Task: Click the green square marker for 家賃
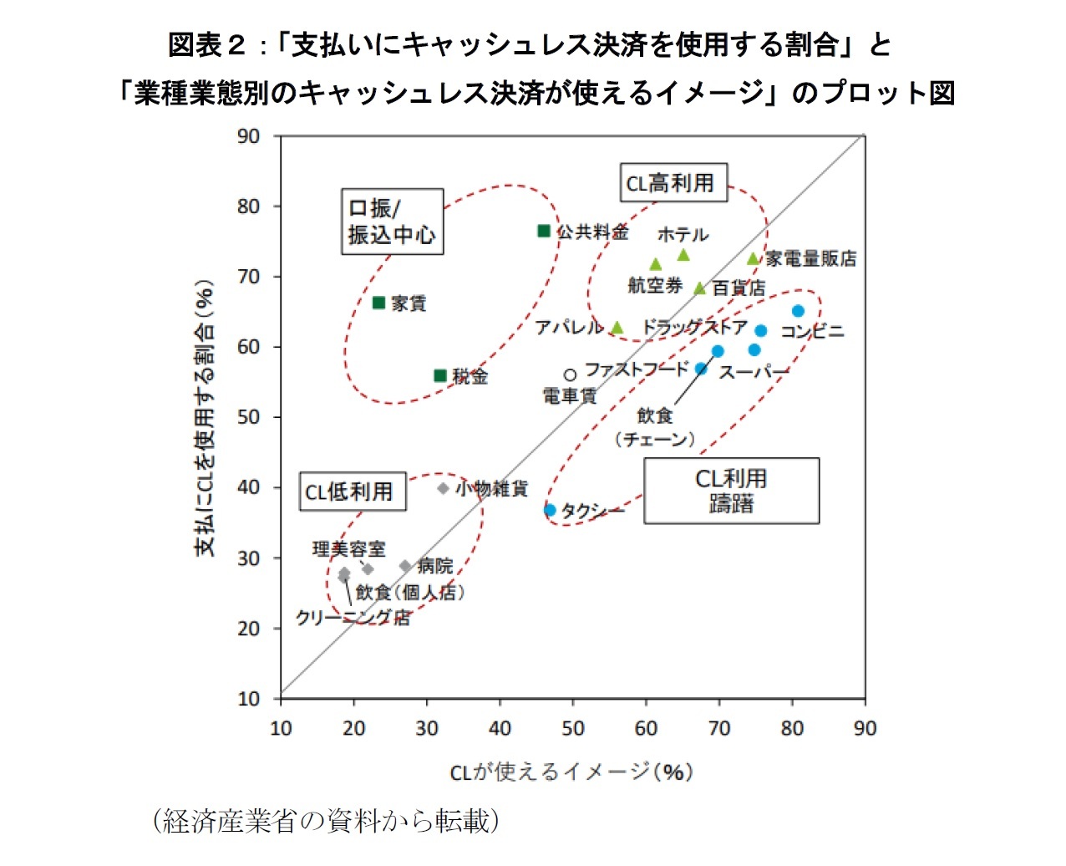[378, 303]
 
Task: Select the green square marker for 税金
[440, 376]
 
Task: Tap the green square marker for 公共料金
[544, 231]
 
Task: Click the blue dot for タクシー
[550, 510]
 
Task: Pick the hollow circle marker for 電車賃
[570, 375]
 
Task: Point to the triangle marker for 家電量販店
[753, 259]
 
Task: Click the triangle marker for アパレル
[617, 328]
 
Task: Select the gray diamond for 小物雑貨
[443, 488]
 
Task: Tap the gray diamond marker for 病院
[405, 566]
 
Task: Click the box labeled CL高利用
[673, 182]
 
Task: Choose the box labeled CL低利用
[353, 492]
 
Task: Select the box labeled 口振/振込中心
[392, 222]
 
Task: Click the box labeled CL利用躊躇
[731, 491]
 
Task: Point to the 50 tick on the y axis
[248, 417]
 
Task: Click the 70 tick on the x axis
[719, 729]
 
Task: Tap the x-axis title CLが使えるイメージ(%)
[571, 772]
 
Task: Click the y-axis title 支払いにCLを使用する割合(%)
[205, 418]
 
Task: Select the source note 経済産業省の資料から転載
[326, 821]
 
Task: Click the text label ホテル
[683, 235]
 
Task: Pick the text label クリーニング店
[353, 618]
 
